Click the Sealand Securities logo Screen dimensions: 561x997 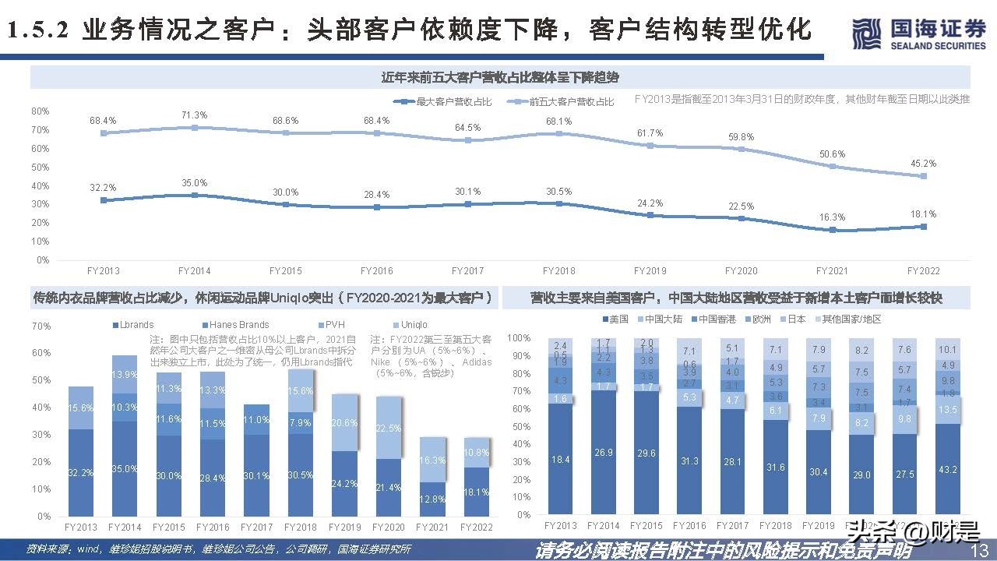click(918, 34)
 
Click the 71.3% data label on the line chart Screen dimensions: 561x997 click(194, 115)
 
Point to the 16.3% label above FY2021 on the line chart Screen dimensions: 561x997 click(832, 217)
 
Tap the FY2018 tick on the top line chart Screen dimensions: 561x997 click(559, 271)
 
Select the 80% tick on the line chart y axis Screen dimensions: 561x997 click(41, 111)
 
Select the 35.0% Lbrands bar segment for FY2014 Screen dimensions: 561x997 click(125, 469)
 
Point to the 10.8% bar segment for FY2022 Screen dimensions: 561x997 click(476, 453)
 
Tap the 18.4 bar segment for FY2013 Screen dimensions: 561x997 click(561, 460)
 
